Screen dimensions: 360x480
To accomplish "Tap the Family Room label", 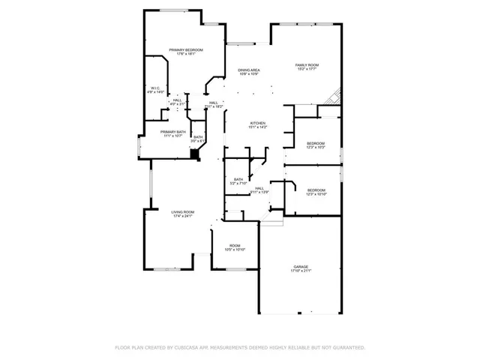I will click(x=307, y=65).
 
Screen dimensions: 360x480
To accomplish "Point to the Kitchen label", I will click(x=258, y=123).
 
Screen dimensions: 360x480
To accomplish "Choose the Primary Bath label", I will click(x=172, y=131).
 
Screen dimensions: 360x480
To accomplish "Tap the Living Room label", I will click(x=183, y=212).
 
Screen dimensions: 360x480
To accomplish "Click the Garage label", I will click(x=301, y=266).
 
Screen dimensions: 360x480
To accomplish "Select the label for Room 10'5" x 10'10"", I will click(x=235, y=246).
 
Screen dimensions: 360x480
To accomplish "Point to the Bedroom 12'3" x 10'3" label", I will click(x=315, y=143).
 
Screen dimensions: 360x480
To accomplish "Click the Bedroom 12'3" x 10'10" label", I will click(x=315, y=190).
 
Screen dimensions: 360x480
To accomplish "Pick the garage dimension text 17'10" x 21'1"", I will click(x=301, y=271).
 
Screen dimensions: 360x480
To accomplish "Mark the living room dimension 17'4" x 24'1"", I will click(x=183, y=217).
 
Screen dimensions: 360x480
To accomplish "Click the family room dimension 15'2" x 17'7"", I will click(x=307, y=70).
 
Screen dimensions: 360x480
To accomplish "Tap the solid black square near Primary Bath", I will click(x=195, y=153).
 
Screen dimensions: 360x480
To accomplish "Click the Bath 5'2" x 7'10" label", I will click(x=238, y=179).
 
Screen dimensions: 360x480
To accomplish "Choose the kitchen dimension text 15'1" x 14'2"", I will click(x=258, y=127).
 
